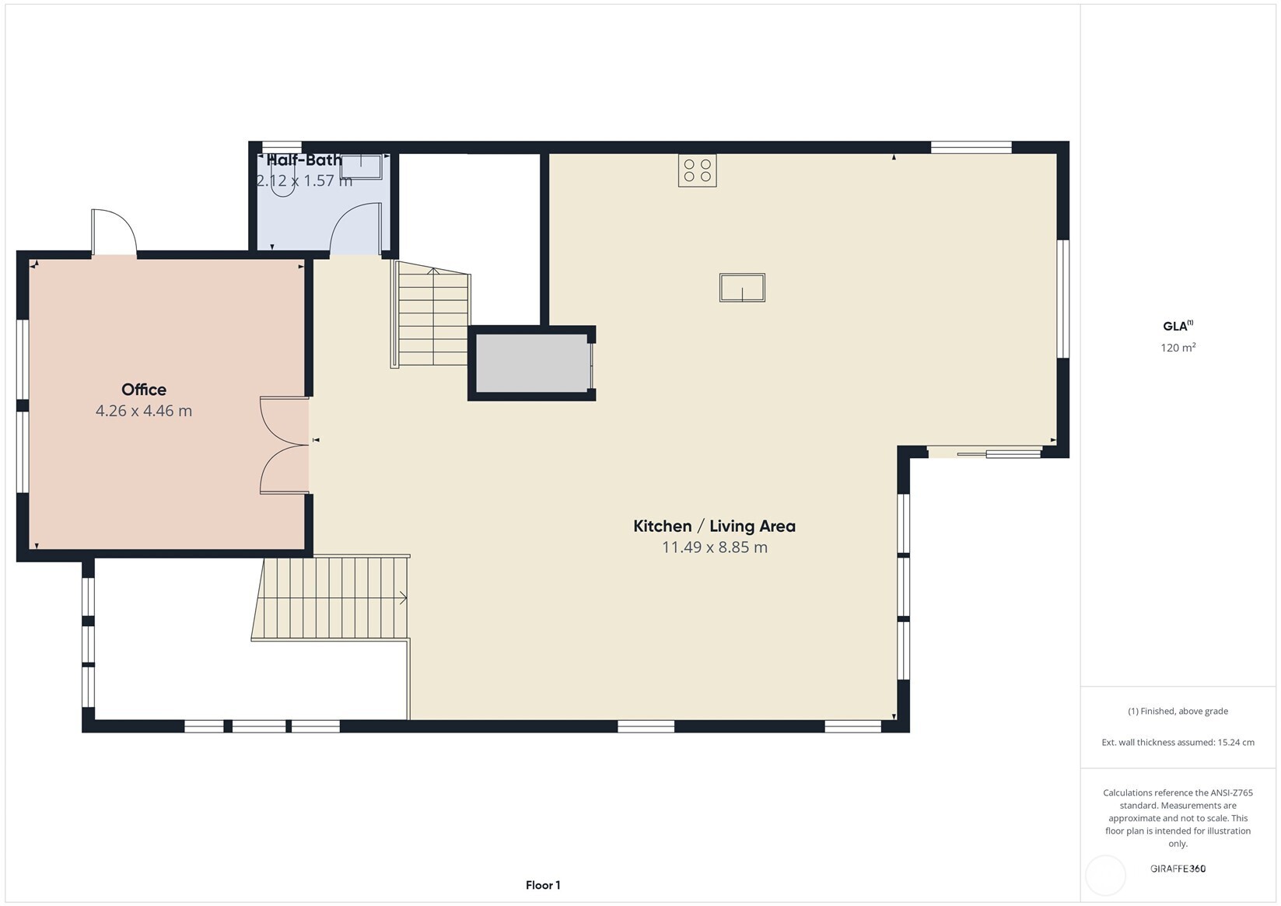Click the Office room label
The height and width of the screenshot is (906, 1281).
144,390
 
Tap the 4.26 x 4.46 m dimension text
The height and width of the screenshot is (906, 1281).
144,411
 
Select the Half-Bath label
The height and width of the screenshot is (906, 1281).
303,160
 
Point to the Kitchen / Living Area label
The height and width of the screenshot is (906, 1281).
714,526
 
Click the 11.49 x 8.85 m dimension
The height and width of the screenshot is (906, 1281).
714,547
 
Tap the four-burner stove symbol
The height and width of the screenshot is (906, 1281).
697,170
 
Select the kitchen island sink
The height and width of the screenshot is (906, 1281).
742,287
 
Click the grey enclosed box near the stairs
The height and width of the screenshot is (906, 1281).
532,363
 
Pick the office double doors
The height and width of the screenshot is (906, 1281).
285,445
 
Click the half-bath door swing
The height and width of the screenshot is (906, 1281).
355,229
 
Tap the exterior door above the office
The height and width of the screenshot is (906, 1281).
114,232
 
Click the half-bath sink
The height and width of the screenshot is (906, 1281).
362,166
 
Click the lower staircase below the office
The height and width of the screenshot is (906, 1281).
333,598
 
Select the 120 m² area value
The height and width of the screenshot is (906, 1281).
1178,348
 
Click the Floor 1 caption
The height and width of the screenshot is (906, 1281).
542,885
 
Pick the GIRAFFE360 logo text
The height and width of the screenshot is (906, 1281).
1178,869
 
